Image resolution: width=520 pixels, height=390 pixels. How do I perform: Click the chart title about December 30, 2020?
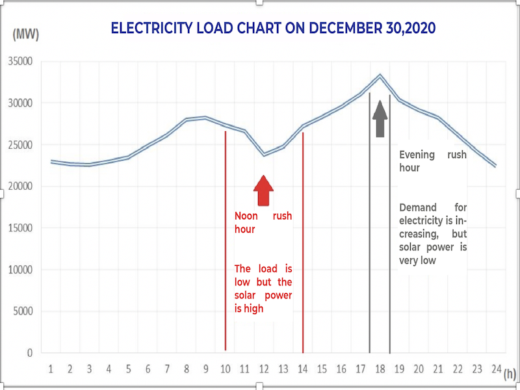click(273, 29)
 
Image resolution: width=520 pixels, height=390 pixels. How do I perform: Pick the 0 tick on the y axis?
click(29, 353)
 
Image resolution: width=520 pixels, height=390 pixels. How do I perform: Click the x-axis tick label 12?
click(264, 369)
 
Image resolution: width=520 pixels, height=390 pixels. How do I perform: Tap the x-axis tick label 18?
click(380, 369)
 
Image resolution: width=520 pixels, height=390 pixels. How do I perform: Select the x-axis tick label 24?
click(496, 369)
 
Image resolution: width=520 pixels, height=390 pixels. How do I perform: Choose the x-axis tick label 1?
click(51, 369)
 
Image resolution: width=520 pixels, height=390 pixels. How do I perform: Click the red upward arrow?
click(263, 190)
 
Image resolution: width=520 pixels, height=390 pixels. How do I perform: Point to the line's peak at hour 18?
click(380, 76)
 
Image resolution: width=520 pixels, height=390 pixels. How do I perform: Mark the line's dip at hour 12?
click(264, 154)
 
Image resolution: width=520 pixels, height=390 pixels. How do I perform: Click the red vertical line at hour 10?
click(225, 240)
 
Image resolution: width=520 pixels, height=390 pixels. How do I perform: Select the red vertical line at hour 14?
click(303, 240)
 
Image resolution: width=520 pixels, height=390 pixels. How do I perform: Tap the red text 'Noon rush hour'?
click(263, 222)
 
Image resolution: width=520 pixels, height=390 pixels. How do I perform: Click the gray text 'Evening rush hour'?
click(432, 161)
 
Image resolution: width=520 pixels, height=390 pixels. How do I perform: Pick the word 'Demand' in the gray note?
click(417, 207)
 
